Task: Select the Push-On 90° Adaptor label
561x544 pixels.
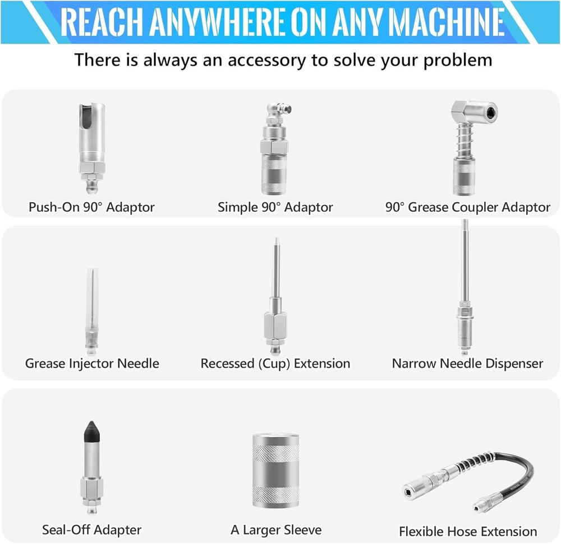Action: click(91, 207)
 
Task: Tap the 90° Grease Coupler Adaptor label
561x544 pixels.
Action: click(468, 207)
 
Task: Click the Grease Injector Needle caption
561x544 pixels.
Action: click(92, 363)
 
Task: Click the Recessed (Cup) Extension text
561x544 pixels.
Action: click(275, 363)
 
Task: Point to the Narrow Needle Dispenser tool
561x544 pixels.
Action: click(465, 291)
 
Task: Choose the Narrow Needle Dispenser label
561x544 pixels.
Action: click(467, 363)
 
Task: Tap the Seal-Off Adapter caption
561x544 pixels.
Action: click(92, 529)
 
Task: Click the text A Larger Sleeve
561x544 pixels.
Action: click(276, 529)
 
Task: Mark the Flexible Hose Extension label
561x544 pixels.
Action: click(468, 531)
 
